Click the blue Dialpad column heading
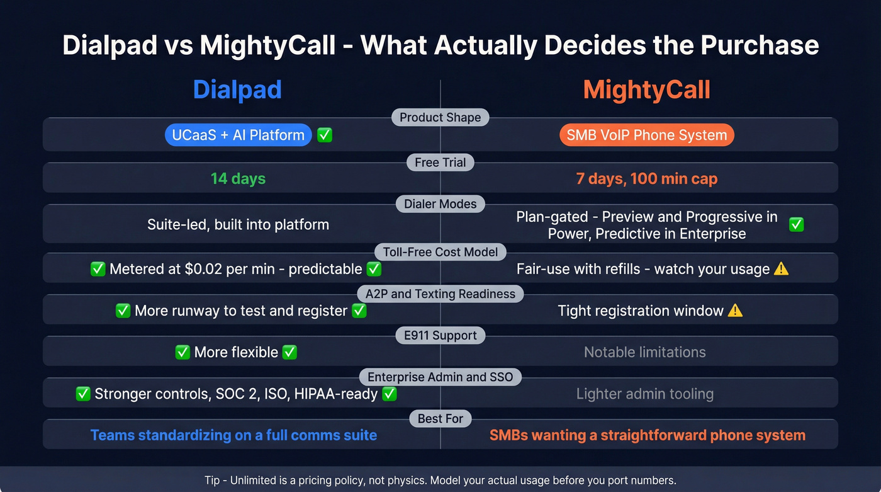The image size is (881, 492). click(x=237, y=89)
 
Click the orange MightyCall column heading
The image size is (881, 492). click(x=646, y=89)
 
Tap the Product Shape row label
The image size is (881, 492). click(x=440, y=117)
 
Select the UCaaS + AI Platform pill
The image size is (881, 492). click(x=238, y=135)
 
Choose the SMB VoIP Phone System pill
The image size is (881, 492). click(x=646, y=135)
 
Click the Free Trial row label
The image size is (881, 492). click(x=440, y=163)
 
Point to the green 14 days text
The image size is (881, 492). click(x=238, y=179)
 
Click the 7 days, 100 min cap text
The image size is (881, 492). click(x=646, y=179)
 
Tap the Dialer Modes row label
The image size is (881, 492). click(x=440, y=203)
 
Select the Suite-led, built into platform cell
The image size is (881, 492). click(x=238, y=224)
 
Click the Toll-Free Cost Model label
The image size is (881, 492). click(x=440, y=252)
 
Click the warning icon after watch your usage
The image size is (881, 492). click(x=781, y=269)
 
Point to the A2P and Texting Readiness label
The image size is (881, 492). click(x=440, y=294)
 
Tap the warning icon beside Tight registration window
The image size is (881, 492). click(x=735, y=311)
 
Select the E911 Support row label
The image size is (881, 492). click(x=440, y=335)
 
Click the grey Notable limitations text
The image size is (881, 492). click(x=644, y=352)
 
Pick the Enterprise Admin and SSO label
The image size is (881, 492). click(x=440, y=377)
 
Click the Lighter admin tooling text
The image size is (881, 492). click(x=644, y=394)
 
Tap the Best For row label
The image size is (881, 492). click(x=440, y=418)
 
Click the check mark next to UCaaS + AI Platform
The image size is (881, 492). click(x=325, y=135)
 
